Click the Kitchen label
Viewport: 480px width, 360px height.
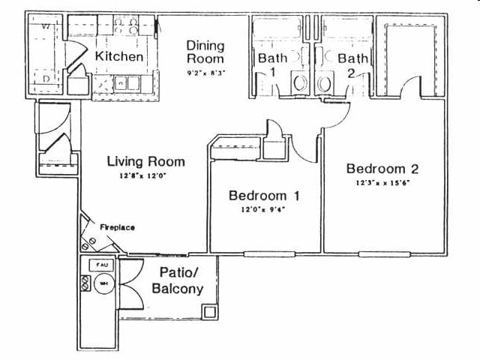click(119, 56)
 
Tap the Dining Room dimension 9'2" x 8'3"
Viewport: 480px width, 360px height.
click(205, 73)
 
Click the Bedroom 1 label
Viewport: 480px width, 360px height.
click(264, 196)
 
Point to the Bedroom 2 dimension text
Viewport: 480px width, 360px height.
click(382, 182)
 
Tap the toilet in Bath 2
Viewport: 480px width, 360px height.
click(325, 82)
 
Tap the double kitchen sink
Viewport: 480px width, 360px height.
click(127, 82)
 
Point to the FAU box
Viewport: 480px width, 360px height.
click(99, 265)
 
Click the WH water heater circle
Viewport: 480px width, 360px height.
click(103, 283)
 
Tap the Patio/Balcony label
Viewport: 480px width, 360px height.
click(177, 281)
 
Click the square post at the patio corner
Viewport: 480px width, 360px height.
click(211, 312)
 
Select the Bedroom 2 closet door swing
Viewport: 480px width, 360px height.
click(411, 88)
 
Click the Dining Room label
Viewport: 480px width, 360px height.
click(205, 51)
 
